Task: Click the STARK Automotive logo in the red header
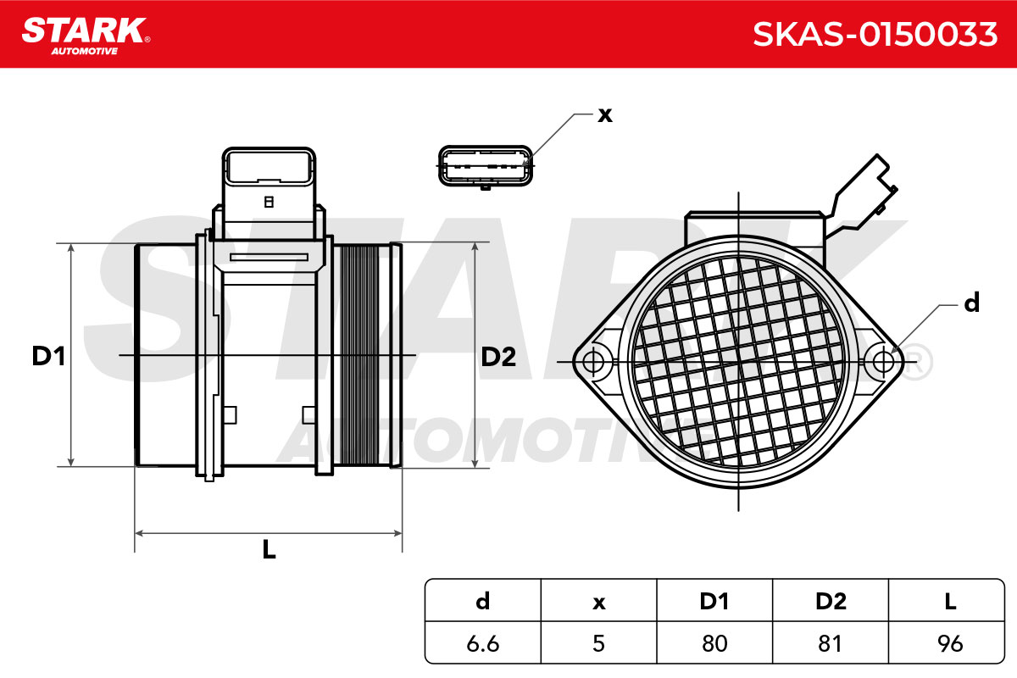tap(86, 36)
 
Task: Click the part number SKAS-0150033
tap(875, 35)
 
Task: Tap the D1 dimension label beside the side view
tap(48, 356)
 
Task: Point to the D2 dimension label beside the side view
tap(498, 357)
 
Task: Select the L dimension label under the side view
tap(270, 549)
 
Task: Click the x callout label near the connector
tap(605, 115)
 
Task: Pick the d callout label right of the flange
tap(971, 303)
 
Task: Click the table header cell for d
tap(483, 601)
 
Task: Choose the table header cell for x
tap(599, 601)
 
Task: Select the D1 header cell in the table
tap(714, 601)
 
